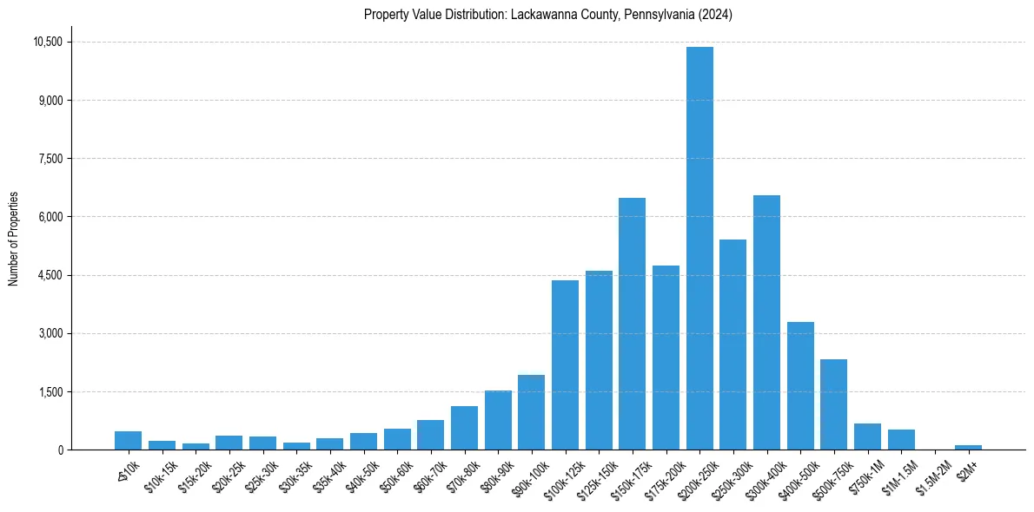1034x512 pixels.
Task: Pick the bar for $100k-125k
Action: tap(565, 364)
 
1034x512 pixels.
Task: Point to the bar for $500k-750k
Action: tap(833, 404)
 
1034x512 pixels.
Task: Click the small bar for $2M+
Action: tap(968, 447)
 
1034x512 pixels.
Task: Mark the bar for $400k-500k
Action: tap(800, 386)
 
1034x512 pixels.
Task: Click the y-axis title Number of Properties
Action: tap(13, 239)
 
